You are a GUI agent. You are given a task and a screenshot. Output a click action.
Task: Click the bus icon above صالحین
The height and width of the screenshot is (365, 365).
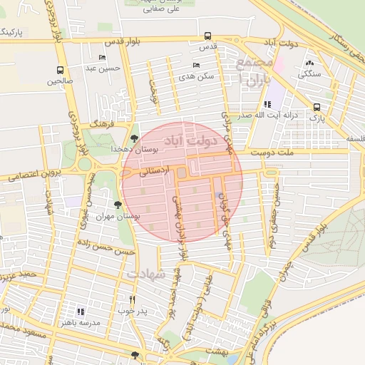pos(59,70)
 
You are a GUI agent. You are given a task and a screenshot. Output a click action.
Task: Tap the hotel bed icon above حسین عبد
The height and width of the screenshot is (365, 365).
pos(102,57)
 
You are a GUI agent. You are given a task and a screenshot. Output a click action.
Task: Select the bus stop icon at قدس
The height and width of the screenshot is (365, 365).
pos(207,35)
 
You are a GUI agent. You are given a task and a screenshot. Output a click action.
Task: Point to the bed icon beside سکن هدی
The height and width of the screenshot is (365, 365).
pos(197,65)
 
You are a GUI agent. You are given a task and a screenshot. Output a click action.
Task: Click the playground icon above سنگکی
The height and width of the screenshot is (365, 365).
pos(308,63)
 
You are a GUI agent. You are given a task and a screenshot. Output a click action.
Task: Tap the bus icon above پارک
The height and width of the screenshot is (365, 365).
pos(316,107)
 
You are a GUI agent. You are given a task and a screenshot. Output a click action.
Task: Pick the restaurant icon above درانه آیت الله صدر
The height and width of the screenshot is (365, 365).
pos(267,104)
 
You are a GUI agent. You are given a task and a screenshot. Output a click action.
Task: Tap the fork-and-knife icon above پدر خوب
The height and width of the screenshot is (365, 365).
pos(132,300)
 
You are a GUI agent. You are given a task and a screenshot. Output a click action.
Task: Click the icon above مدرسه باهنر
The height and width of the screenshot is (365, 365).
pos(81,311)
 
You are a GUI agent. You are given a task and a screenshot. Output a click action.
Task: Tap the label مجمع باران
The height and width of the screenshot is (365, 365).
pos(254,73)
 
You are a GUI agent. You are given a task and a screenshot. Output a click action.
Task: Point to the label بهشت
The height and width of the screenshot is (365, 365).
pos(215,351)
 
